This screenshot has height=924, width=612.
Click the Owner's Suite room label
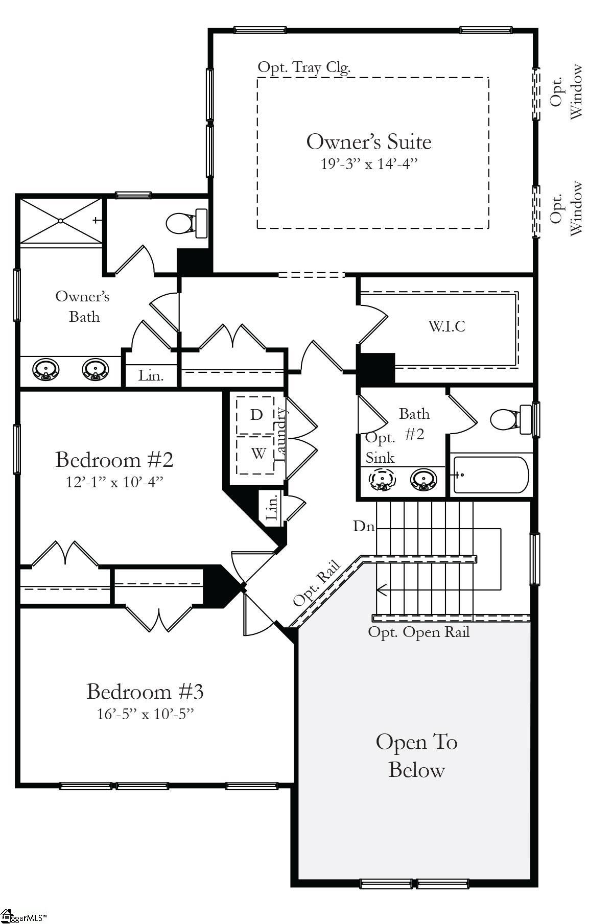368,141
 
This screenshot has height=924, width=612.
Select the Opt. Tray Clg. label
304,67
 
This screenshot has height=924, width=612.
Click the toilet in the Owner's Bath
186,223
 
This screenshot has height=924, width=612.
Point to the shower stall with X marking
61,221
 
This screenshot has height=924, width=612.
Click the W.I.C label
446,326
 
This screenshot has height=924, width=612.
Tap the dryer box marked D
256,414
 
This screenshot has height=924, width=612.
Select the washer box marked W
258,453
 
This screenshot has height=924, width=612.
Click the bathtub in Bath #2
490,475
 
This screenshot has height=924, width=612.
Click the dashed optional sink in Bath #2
382,479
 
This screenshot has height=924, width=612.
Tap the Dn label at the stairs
364,526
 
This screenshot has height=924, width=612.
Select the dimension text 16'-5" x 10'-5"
146,714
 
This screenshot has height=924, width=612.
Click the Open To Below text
416,755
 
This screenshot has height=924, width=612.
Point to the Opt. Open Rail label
418,632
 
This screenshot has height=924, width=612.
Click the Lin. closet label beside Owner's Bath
151,376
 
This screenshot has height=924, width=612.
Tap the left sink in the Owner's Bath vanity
46,369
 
